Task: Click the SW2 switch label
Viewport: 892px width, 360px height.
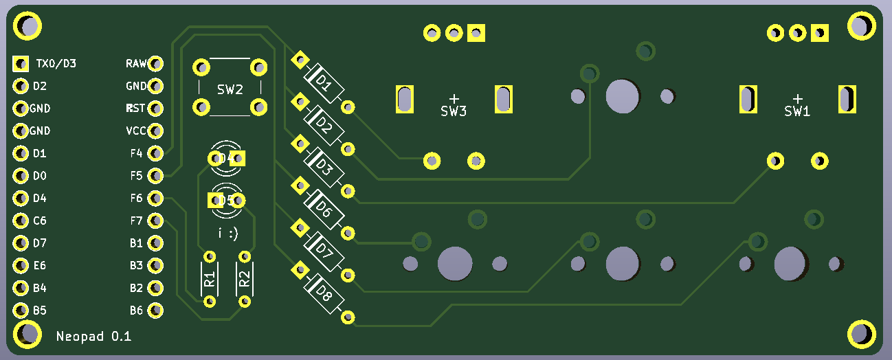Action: click(x=230, y=89)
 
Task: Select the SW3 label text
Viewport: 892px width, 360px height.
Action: click(x=454, y=111)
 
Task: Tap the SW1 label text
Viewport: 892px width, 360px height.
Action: click(x=797, y=111)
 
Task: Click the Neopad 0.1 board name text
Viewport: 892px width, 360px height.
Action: click(x=93, y=337)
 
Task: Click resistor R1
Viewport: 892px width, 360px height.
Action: click(x=210, y=279)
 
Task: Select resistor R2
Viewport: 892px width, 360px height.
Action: click(x=244, y=279)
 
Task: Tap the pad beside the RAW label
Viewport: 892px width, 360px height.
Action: click(x=156, y=64)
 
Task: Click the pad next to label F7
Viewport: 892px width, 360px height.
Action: click(x=156, y=221)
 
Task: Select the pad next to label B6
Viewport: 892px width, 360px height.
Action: click(x=156, y=311)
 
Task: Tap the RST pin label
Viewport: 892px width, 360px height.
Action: click(x=135, y=109)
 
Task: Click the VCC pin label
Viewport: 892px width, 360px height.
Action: click(x=135, y=131)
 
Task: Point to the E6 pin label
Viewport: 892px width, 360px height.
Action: click(x=39, y=266)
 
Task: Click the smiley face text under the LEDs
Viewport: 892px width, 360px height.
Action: click(x=228, y=234)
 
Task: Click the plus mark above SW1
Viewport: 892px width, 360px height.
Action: click(x=797, y=98)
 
